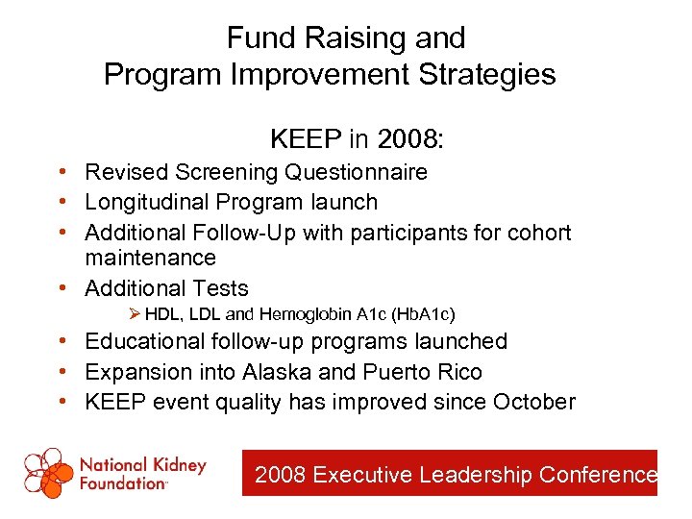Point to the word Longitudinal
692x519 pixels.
coord(147,202)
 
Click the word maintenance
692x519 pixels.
coord(150,258)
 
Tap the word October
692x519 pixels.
coord(533,402)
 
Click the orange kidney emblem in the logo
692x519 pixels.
coord(48,474)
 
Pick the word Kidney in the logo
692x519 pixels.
coord(181,465)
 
